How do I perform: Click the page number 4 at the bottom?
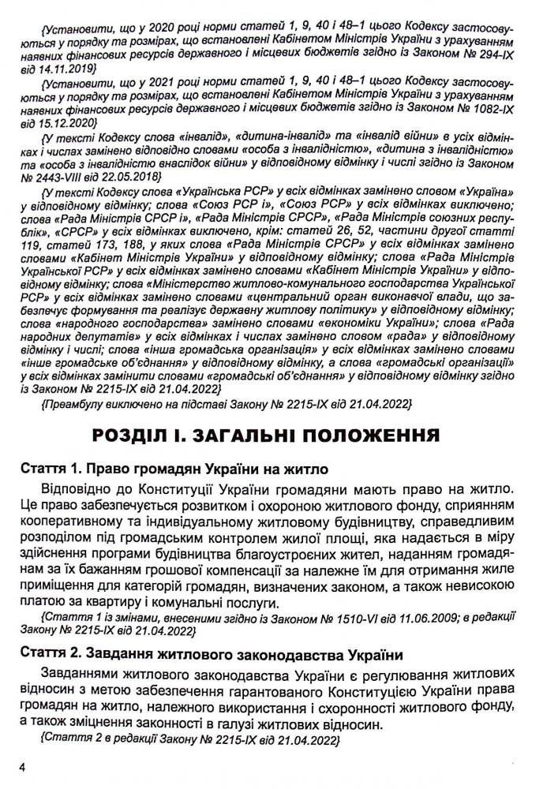(x=24, y=765)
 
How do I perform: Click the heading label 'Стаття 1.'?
(x=50, y=469)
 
